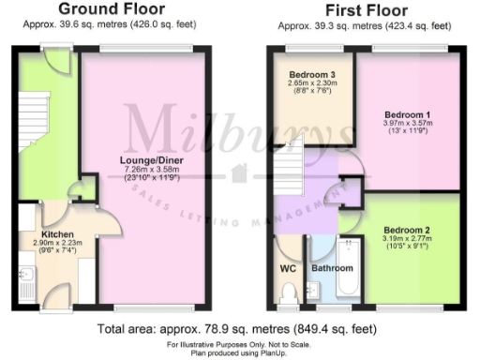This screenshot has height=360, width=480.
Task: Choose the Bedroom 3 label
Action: coord(310,74)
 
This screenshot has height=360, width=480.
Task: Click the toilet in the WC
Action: coord(288,294)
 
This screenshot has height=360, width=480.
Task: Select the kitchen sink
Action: coord(25,277)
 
